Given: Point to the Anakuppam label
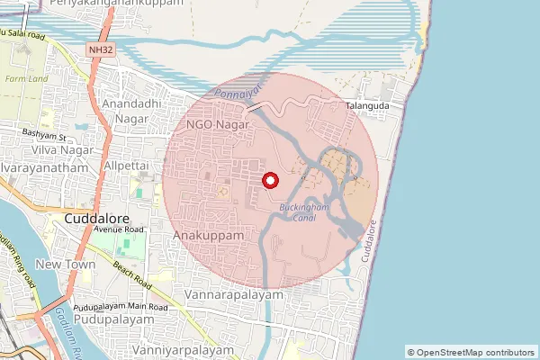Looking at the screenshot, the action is click(208, 235).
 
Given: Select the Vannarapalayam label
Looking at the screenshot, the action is click(233, 294).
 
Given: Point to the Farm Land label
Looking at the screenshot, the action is click(21, 78).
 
